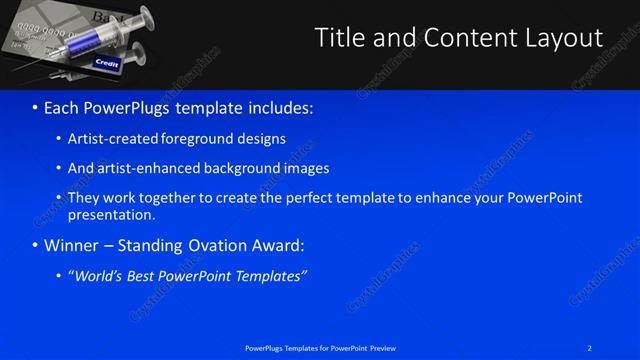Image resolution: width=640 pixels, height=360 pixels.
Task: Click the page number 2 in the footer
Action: pos(590,348)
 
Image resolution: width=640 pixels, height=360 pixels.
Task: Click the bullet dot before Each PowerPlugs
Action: pos(35,106)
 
